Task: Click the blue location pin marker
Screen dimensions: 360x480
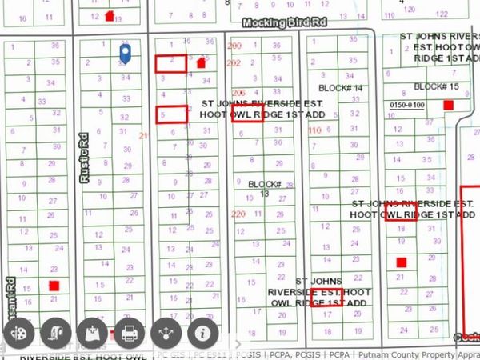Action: point(125,53)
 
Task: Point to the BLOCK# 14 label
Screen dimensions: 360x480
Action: point(342,87)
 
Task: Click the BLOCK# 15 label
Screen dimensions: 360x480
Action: point(436,86)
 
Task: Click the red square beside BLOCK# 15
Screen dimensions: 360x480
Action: point(449,105)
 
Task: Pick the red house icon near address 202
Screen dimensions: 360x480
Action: point(201,62)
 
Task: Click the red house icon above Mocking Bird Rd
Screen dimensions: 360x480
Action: point(110,15)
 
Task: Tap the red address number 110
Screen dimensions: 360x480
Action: point(314,130)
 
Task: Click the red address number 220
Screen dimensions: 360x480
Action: point(238,214)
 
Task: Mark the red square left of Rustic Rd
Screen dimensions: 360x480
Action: point(54,286)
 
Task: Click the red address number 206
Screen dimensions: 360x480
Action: point(238,94)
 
